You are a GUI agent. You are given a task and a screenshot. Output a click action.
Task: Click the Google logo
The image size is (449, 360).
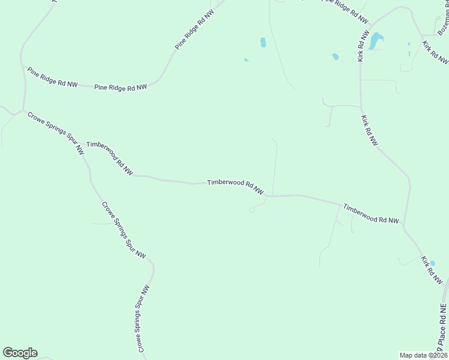(20, 353)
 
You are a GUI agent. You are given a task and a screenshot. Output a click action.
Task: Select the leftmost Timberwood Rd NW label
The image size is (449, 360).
(110, 158)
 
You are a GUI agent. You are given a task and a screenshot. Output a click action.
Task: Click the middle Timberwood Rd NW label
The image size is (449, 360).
(235, 187)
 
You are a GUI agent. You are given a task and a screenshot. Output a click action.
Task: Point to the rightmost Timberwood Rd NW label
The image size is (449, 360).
(370, 214)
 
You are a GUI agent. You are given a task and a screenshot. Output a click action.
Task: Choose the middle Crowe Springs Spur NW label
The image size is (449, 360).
(124, 230)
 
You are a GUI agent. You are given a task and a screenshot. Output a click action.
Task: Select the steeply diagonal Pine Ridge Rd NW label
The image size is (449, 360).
(194, 29)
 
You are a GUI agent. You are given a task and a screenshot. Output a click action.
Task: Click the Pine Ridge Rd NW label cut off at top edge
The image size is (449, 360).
(344, 7)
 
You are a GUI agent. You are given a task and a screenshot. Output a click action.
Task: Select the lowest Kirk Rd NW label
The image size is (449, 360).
(432, 271)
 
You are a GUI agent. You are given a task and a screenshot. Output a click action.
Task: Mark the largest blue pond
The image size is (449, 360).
(376, 40)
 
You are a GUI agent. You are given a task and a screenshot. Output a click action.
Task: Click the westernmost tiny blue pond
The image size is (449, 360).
(246, 60)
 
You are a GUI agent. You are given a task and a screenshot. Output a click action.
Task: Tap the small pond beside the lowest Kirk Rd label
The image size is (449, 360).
(433, 263)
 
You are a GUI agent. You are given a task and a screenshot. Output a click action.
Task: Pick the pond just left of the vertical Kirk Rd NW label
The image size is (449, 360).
(335, 57)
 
